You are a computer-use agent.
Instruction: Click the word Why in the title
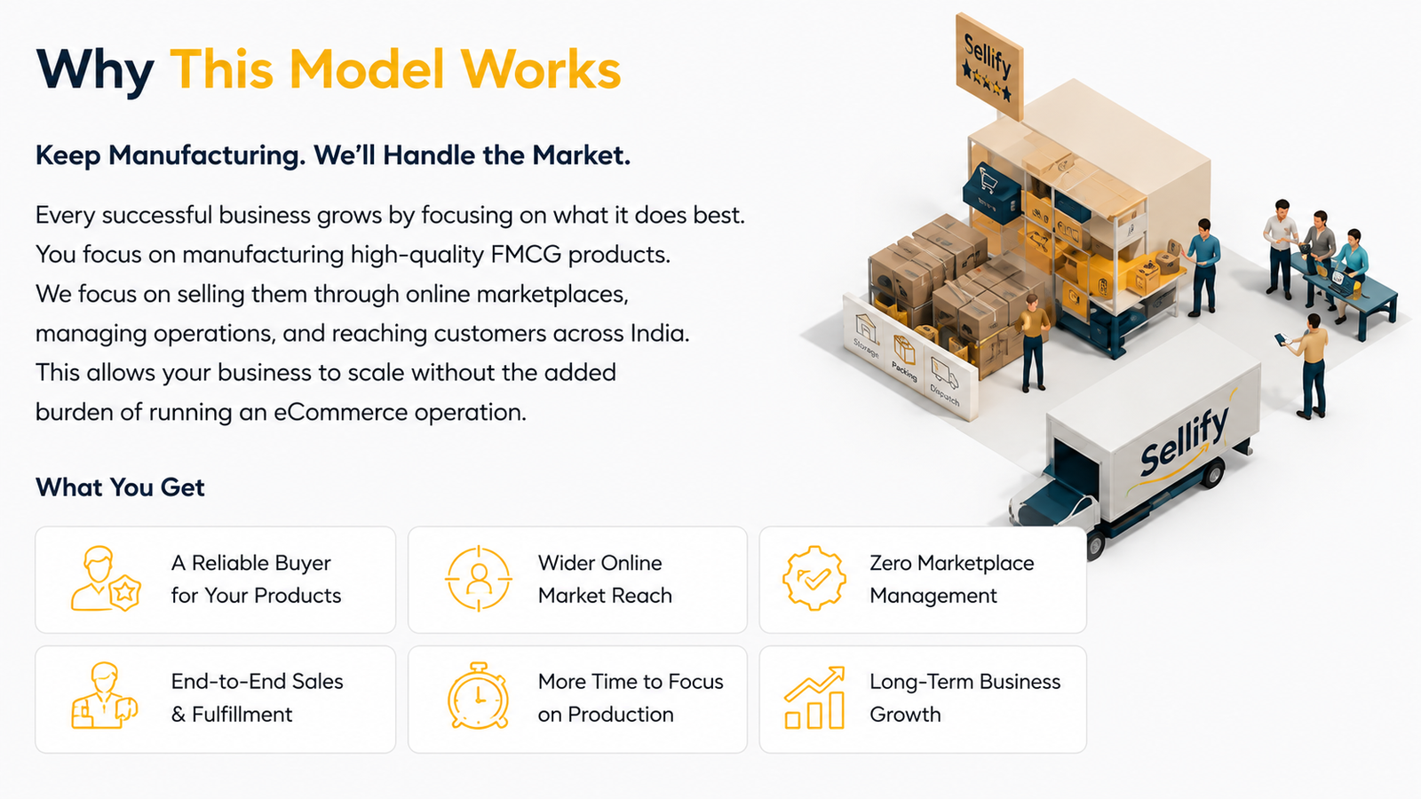point(95,70)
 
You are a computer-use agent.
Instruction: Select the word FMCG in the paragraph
point(525,254)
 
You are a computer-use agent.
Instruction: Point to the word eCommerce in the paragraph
point(340,412)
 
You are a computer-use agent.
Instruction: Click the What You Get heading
point(120,487)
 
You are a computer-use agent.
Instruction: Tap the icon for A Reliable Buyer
point(106,578)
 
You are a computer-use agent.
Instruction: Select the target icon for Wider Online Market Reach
point(479,578)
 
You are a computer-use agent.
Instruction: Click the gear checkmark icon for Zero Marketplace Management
point(814,578)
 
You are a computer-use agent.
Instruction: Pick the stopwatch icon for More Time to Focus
point(479,696)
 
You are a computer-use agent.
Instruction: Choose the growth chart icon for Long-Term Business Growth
point(814,698)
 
